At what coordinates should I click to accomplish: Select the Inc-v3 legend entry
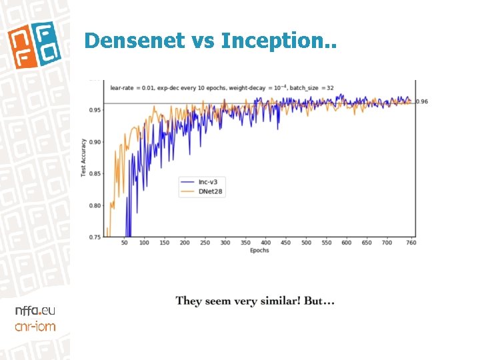pos(208,181)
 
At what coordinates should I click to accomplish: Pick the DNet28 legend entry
pos(210,191)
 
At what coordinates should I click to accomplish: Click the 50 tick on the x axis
pos(124,243)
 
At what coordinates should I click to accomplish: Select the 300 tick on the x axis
pos(225,243)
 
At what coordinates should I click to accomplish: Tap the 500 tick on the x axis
pos(306,243)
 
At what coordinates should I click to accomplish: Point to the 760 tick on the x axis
pos(411,243)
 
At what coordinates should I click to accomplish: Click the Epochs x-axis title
pos(259,251)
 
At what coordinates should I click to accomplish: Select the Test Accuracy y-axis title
pos(84,158)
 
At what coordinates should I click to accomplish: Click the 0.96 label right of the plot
pos(422,102)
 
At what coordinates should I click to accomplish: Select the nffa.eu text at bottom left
pos(35,311)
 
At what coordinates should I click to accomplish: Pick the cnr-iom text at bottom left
pos(35,326)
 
